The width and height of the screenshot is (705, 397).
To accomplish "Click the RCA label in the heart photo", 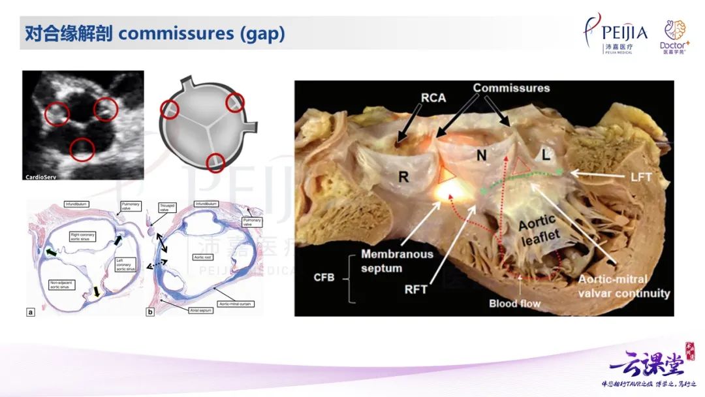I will (x=433, y=98).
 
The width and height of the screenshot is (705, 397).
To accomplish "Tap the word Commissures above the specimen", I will (x=511, y=88).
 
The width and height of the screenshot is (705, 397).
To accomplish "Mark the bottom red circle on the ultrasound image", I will (x=82, y=150).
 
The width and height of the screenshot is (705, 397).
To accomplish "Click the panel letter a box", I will (x=31, y=311).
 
